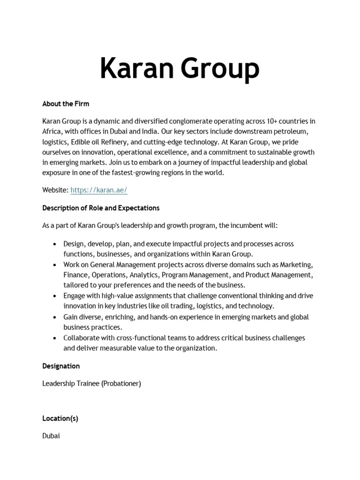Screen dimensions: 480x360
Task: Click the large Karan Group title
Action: pos(180,68)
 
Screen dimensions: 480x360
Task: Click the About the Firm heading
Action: pos(66,104)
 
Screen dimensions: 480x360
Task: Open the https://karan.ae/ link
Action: pos(99,190)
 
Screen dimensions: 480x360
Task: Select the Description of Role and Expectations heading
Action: pos(101,208)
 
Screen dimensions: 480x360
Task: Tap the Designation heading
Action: pos(61,366)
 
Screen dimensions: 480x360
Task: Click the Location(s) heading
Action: pos(60,419)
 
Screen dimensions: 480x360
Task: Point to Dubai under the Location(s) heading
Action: pos(51,436)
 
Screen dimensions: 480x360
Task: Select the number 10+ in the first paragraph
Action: pos(259,121)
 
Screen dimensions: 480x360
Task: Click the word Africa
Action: pos(52,132)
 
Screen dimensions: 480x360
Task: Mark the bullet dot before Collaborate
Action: pos(55,338)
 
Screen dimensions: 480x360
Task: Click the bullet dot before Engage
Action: pos(55,296)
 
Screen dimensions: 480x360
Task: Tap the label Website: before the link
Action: pos(55,190)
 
